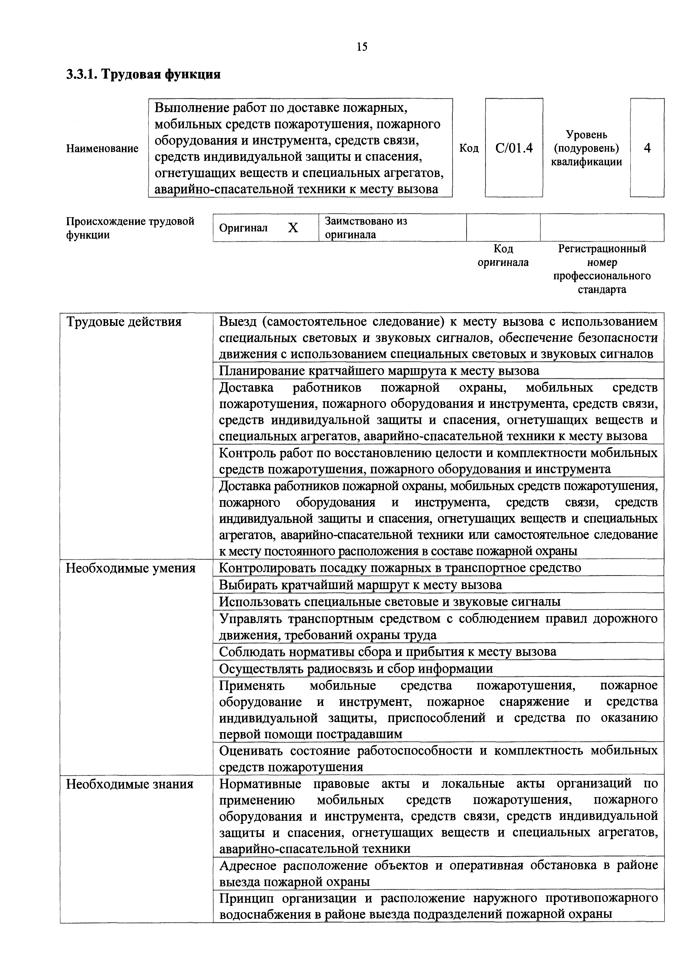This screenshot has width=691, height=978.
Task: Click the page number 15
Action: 362,47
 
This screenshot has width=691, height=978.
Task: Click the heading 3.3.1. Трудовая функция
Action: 143,74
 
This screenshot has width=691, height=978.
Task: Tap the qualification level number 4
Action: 647,148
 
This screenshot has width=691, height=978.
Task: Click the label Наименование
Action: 102,149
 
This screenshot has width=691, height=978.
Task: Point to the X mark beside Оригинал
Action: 293,228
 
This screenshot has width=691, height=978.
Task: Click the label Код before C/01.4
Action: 469,148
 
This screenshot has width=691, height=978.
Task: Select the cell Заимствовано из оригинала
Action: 366,228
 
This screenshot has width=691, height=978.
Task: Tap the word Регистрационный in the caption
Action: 602,249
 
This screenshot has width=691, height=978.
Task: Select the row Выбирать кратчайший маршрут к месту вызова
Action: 360,585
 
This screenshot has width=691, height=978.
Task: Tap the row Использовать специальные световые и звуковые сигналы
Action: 390,602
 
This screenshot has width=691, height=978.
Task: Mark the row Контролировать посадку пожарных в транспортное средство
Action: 400,568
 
